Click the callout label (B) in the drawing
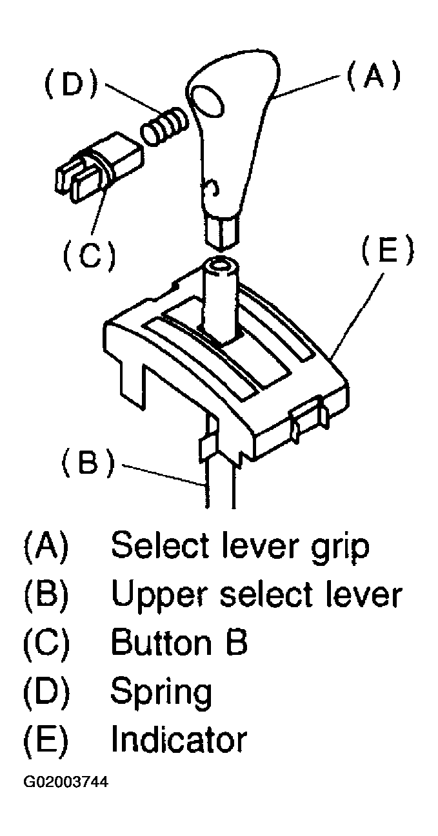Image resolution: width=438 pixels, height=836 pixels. [x=88, y=462]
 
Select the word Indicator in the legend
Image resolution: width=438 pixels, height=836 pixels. [x=179, y=739]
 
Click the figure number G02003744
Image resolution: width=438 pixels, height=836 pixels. [x=66, y=783]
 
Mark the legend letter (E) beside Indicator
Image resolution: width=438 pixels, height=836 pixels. [x=46, y=739]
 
